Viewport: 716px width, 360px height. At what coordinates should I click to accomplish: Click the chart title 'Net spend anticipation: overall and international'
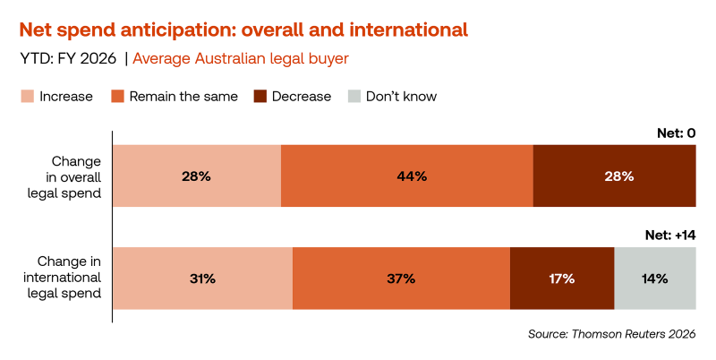tap(243, 30)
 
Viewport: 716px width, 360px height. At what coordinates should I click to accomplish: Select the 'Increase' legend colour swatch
tap(28, 96)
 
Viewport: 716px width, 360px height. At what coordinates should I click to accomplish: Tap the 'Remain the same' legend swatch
tap(117, 96)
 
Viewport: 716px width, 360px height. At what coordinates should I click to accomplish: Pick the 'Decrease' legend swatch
tap(260, 96)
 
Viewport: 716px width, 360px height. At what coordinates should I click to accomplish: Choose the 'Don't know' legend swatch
tap(354, 96)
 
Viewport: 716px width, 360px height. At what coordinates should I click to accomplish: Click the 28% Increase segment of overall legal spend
tap(196, 176)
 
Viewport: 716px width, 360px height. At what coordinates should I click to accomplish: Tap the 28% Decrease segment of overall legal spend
tap(615, 176)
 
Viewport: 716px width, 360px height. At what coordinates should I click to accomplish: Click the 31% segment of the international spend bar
tap(202, 279)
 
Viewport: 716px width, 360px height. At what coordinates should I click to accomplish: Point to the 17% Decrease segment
tap(562, 279)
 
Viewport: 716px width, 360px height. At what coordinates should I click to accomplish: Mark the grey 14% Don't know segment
tap(655, 279)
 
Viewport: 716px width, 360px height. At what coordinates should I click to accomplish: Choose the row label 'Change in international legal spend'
tap(64, 278)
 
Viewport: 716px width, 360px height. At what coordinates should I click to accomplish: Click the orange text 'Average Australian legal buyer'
tap(240, 59)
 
